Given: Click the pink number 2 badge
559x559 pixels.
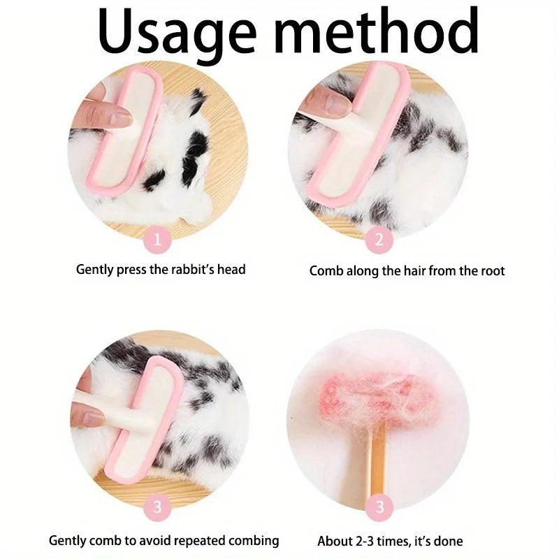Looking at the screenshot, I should point(379,240).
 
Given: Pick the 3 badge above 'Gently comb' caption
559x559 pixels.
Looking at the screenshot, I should point(158,506).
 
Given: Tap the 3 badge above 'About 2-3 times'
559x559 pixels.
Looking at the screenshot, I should point(379,506).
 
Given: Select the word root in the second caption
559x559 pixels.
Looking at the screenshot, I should point(491,270).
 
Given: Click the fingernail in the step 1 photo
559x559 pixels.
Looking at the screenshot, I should point(119,119).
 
